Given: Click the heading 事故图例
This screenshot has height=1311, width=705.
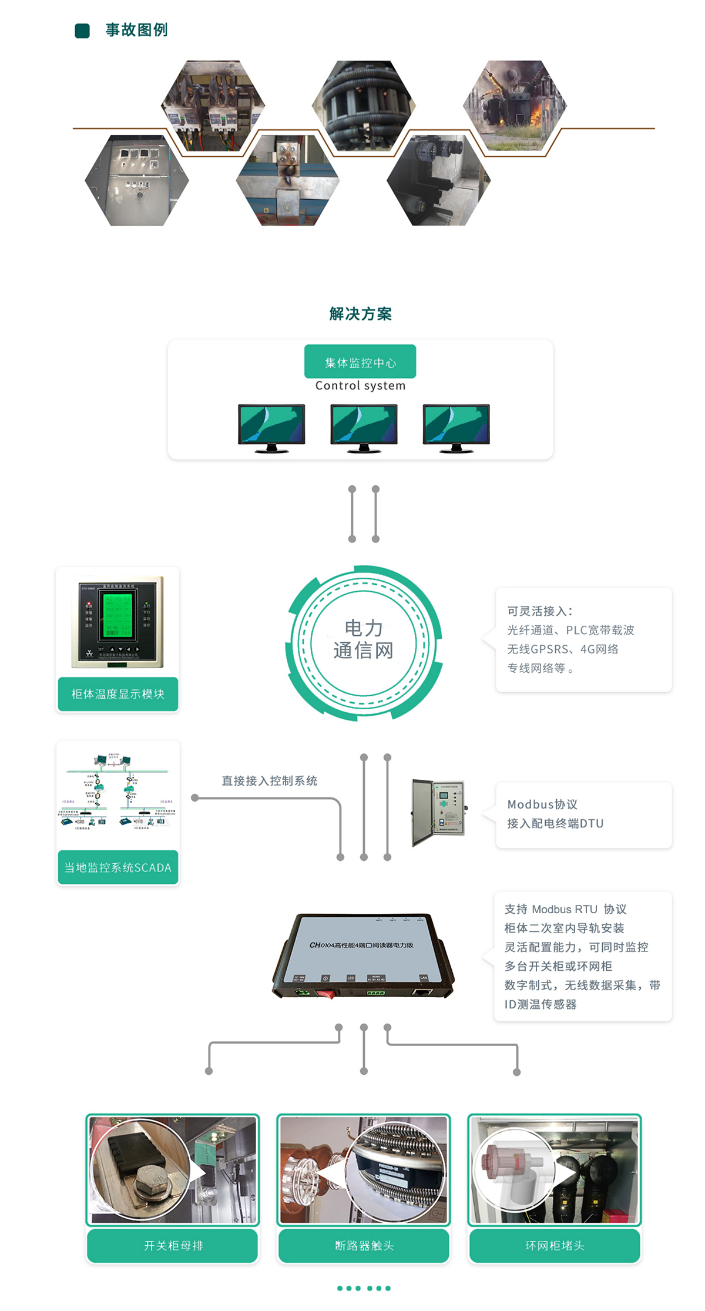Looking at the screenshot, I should pyautogui.click(x=136, y=30).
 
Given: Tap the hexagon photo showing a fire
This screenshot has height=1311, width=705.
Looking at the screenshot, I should pyautogui.click(x=515, y=106).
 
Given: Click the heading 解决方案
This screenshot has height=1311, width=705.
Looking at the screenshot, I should pyautogui.click(x=360, y=314).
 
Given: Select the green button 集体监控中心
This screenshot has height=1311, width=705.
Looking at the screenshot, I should pyautogui.click(x=360, y=362).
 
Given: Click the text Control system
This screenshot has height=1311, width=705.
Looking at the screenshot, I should pyautogui.click(x=360, y=385).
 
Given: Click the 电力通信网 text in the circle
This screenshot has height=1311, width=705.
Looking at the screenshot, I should pyautogui.click(x=363, y=640).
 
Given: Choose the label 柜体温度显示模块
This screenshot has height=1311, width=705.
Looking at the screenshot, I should pyautogui.click(x=117, y=694).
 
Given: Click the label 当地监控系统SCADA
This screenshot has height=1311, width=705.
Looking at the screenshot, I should pyautogui.click(x=117, y=867).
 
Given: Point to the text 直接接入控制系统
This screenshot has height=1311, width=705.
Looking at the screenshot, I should pyautogui.click(x=269, y=781).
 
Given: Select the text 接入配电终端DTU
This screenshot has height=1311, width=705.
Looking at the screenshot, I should pyautogui.click(x=555, y=823).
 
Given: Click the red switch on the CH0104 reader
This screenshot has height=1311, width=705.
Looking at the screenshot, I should pyautogui.click(x=325, y=994).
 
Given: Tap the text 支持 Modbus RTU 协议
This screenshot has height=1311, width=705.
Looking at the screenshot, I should pyautogui.click(x=565, y=909).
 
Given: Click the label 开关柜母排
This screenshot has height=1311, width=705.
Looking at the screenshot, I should pyautogui.click(x=173, y=1245).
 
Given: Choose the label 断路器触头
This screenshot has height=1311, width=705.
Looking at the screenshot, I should pyautogui.click(x=364, y=1245).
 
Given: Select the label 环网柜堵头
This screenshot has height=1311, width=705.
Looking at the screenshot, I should pyautogui.click(x=555, y=1245).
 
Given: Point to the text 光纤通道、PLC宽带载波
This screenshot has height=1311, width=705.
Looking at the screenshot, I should pyautogui.click(x=570, y=630).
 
